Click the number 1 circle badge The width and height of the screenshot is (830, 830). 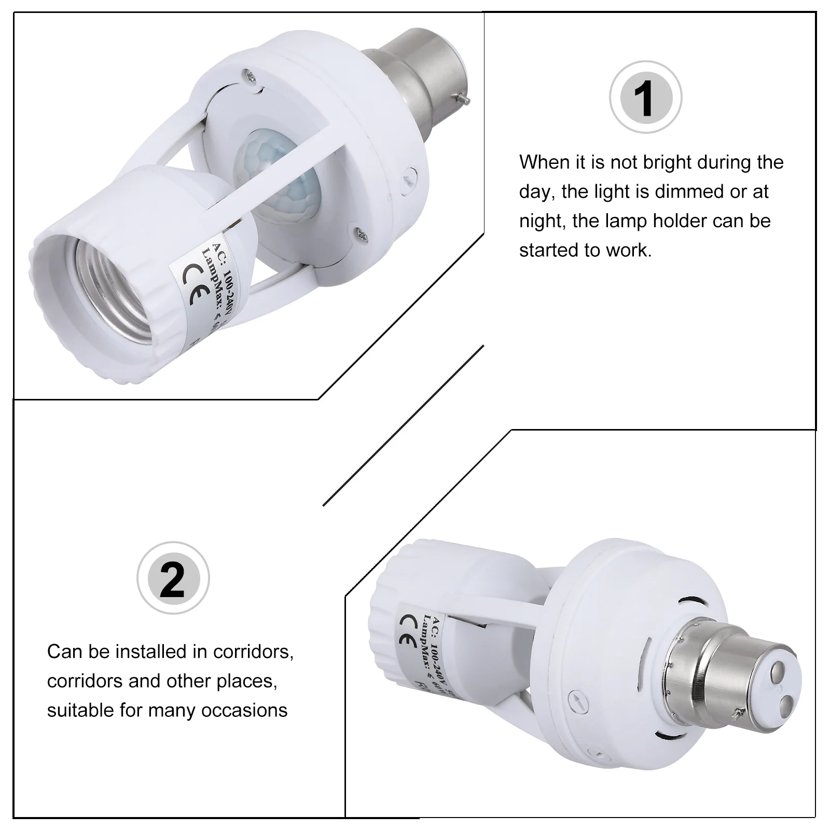coord(645,98)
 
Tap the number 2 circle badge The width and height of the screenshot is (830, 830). coord(173,578)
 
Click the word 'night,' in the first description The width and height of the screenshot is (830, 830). coord(543,222)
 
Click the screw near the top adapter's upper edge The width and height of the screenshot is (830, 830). coord(252,76)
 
